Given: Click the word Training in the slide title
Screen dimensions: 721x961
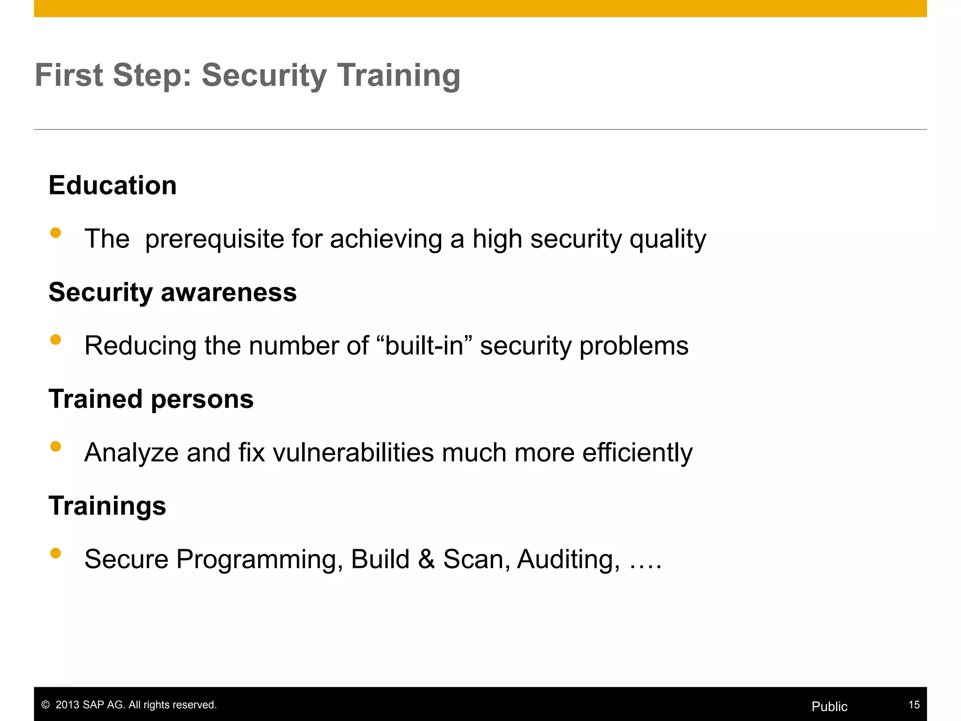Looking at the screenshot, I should pos(398,76).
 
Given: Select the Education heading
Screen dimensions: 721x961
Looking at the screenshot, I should pos(113,185).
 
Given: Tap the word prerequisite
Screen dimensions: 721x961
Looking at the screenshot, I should pos(214,239).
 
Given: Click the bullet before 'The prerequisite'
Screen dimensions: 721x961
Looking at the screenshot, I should pos(56,233).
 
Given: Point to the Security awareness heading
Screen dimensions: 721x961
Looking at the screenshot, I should pos(173,292).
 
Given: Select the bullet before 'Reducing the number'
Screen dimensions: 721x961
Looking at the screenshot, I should pos(56,339).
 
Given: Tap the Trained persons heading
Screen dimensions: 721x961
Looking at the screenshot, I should pos(151,399).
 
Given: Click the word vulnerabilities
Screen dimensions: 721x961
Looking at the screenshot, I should pos(353,453).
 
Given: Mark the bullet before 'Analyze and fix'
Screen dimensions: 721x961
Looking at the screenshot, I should pos(56,446).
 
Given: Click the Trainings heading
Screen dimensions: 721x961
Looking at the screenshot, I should pos(107,506).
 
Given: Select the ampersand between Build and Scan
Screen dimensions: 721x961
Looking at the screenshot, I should pos(426,559).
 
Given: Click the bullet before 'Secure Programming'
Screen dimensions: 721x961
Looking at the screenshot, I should pos(56,553).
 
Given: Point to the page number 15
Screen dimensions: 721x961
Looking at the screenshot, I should pos(914,705).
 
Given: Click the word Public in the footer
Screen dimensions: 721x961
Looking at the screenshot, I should pos(829,706).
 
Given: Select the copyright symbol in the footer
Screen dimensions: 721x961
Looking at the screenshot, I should pos(46,705).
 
